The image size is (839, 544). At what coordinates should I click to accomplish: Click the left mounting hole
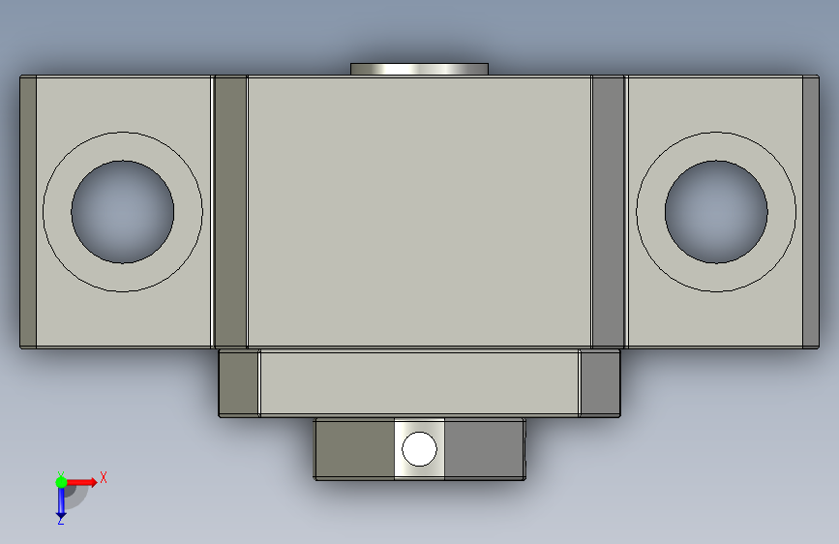(x=123, y=212)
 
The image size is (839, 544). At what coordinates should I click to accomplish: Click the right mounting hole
(x=716, y=212)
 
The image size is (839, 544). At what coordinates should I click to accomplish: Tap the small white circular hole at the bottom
(x=420, y=449)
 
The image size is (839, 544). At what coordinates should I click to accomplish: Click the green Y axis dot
(x=61, y=482)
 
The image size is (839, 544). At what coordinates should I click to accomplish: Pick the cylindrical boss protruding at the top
(x=420, y=69)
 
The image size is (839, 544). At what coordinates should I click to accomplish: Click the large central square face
(x=420, y=212)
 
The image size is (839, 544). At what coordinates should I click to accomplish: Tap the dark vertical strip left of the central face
(x=230, y=212)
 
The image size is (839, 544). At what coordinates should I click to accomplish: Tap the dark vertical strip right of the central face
(x=609, y=212)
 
